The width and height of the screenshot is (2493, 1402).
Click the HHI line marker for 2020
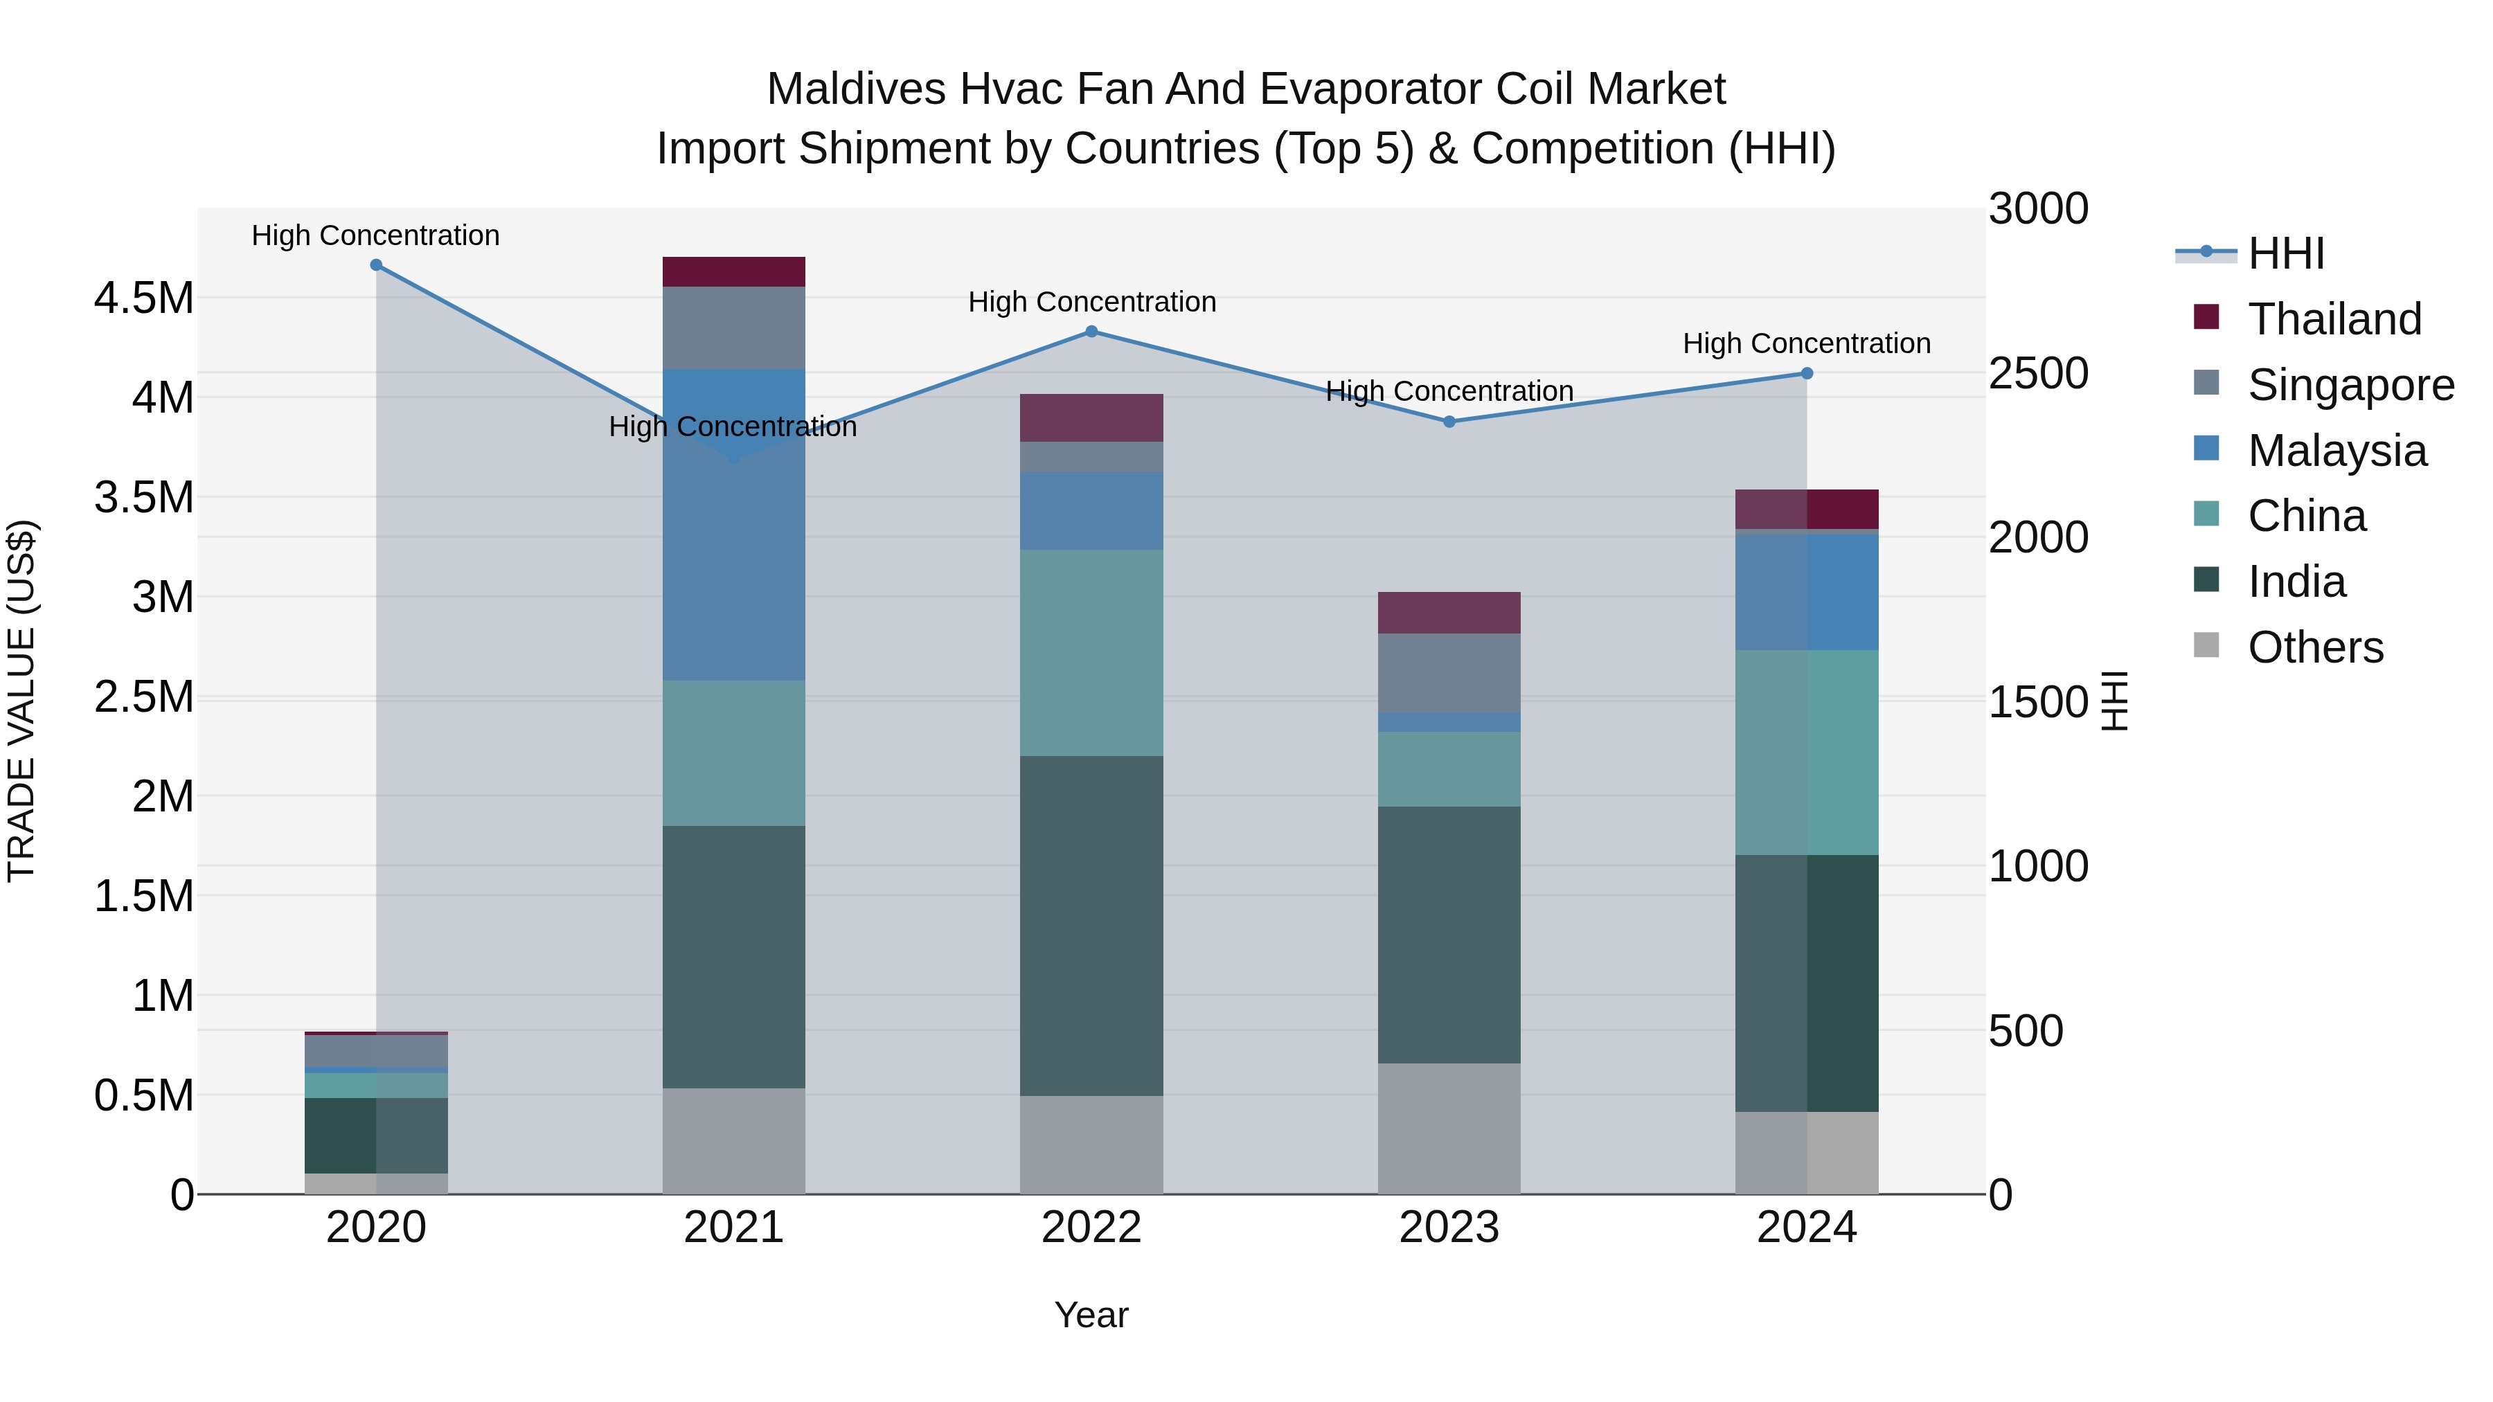[x=377, y=265]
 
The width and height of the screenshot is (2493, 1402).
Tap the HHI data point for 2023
[x=1449, y=422]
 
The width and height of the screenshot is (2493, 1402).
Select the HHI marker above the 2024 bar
[x=1806, y=373]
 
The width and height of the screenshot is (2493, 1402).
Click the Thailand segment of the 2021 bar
[x=733, y=272]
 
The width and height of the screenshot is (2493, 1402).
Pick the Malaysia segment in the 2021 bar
[x=733, y=524]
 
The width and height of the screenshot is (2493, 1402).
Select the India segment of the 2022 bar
[x=1091, y=926]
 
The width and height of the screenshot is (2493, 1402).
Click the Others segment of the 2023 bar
[x=1449, y=1129]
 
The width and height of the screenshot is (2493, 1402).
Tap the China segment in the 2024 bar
[x=1806, y=753]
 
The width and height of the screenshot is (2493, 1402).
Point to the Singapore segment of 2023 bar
[x=1449, y=674]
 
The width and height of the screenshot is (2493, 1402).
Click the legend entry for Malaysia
[x=2336, y=451]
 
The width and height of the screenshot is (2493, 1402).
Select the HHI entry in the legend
[x=2285, y=253]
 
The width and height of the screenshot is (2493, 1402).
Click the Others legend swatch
[x=2206, y=645]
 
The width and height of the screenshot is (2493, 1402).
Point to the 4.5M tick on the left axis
[x=143, y=298]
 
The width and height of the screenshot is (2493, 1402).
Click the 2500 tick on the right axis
[x=2038, y=373]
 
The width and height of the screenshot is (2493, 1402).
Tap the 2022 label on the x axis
[x=1091, y=1228]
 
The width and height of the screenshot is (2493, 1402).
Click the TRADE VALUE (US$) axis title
[x=21, y=701]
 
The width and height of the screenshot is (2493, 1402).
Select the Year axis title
[x=1091, y=1315]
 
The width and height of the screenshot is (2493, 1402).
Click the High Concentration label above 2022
[x=1091, y=302]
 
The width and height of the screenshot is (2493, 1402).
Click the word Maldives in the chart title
[x=855, y=89]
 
